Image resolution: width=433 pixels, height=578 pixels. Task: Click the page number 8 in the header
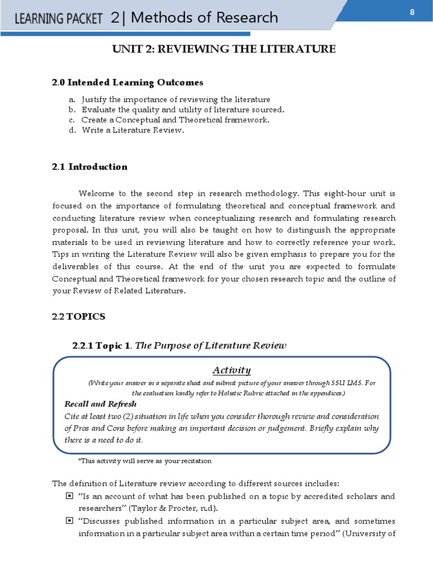(412, 14)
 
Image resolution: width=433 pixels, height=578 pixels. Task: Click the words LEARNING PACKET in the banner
(58, 20)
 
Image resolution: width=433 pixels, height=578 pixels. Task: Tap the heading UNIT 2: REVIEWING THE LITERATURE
(224, 50)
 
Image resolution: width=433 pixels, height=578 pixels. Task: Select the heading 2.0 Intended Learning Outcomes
(127, 83)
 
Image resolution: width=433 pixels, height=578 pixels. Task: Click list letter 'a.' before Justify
(72, 99)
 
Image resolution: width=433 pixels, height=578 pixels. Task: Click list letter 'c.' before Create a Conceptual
(72, 120)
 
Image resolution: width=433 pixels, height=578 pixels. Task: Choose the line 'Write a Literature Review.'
(132, 130)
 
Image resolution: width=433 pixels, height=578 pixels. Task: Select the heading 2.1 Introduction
(90, 167)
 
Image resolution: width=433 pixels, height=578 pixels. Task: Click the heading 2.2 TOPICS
(78, 317)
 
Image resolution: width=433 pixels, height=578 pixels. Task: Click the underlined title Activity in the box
(231, 370)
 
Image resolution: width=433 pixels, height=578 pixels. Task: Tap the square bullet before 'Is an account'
(69, 496)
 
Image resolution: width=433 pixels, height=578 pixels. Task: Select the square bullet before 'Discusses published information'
(69, 520)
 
